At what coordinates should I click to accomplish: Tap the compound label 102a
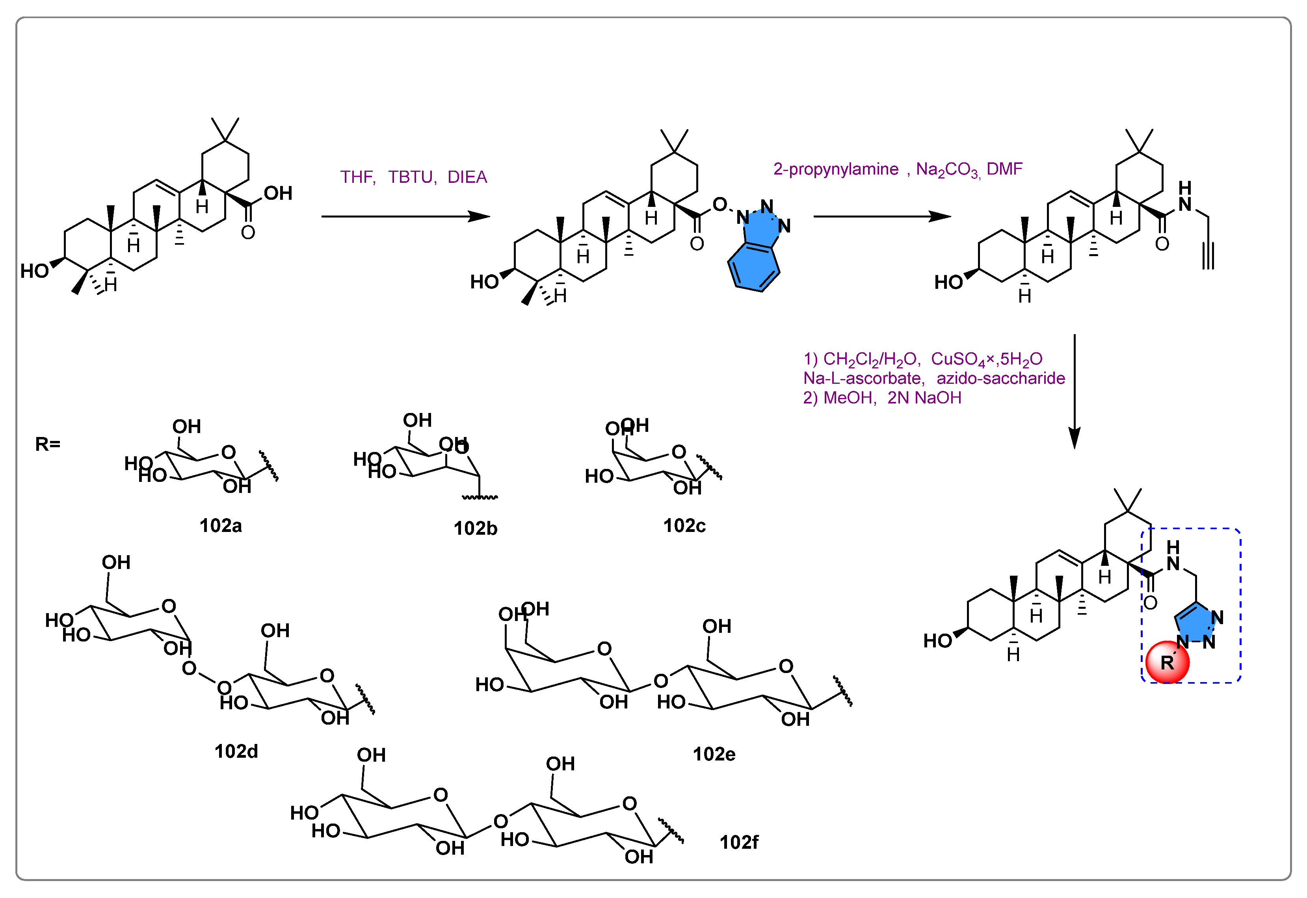221,526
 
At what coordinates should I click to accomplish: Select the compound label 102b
476,528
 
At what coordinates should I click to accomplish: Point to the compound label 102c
684,526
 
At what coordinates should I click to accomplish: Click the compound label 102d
236,751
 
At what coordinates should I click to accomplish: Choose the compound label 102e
714,754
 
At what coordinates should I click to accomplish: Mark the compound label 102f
739,842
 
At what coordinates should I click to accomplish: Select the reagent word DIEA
467,177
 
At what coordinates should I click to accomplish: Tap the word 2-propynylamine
835,169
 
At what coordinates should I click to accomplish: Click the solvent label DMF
1004,169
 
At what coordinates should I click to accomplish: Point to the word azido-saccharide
1000,378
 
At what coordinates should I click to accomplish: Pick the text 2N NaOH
924,398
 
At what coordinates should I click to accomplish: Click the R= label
47,444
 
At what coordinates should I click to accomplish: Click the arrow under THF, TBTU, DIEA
405,216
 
